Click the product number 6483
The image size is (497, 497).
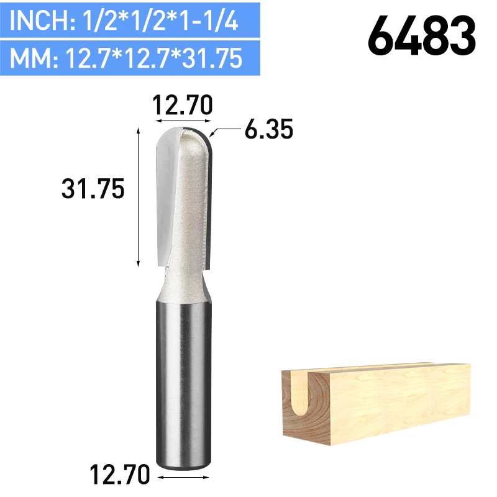[422, 36]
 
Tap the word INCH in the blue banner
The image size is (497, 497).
[39, 21]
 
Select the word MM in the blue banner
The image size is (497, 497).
[29, 58]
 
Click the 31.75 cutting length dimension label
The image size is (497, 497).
[93, 189]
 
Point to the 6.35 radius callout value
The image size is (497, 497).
[269, 129]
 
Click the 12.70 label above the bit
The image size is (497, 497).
[183, 105]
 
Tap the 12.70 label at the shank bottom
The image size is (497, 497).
[120, 474]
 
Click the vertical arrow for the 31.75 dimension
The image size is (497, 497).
[138, 197]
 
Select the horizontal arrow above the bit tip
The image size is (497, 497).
[183, 121]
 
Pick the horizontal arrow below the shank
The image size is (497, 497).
[183, 477]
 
